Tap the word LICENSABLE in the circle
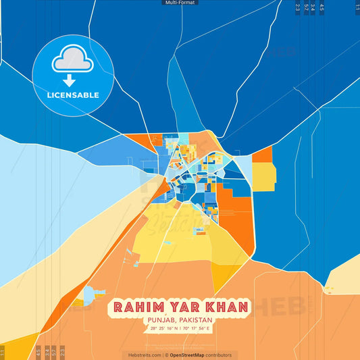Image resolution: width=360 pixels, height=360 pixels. (72, 95)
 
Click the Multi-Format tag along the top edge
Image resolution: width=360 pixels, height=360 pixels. (180, 3)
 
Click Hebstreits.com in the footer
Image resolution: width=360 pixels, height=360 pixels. (144, 355)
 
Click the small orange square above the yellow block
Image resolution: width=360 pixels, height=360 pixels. (262, 155)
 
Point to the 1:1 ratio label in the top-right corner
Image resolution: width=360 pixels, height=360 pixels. (357, 8)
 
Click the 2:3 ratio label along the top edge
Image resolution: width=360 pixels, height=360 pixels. (298, 8)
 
